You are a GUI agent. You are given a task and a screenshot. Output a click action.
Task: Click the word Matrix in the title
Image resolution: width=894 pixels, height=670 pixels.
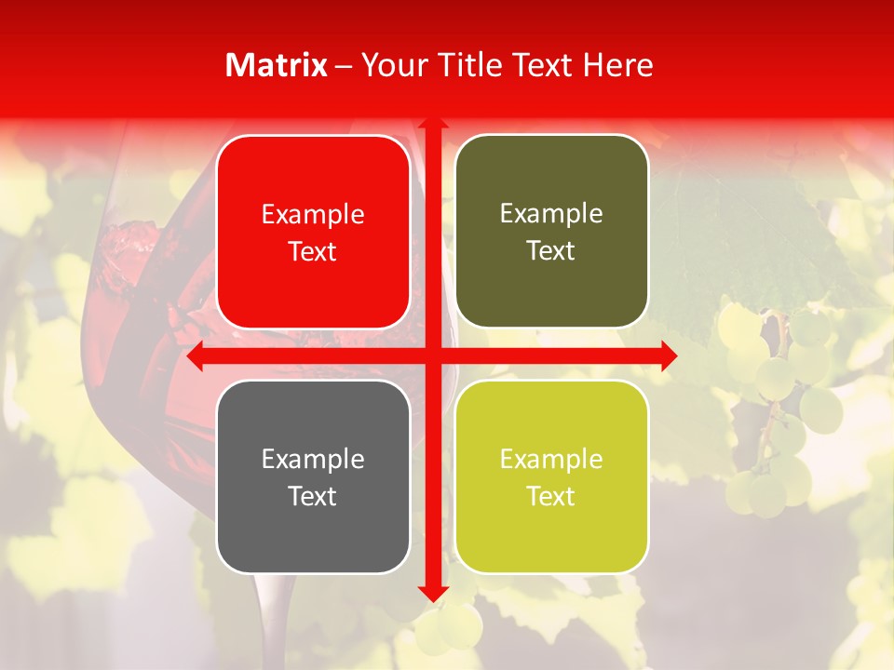coord(277,65)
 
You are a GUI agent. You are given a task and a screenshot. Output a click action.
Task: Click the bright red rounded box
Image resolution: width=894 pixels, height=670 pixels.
coord(313,233)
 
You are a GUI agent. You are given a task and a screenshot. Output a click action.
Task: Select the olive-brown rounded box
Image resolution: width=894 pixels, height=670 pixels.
coord(551,232)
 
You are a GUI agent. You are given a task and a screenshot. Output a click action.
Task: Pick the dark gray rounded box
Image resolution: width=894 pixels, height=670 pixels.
coord(313,476)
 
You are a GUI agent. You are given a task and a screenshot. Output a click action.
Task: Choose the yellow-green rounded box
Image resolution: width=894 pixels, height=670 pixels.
coord(551,476)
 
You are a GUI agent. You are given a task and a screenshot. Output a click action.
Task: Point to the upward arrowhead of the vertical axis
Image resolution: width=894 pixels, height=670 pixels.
coord(433,123)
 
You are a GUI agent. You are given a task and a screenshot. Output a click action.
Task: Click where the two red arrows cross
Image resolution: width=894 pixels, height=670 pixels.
coord(433,356)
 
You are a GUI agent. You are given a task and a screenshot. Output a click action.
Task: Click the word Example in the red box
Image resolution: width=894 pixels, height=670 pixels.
coord(313,215)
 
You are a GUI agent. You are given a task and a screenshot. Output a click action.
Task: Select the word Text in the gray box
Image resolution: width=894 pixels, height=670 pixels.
coord(312,496)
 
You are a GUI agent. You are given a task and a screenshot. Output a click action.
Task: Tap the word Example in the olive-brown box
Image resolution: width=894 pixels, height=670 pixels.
coord(551,214)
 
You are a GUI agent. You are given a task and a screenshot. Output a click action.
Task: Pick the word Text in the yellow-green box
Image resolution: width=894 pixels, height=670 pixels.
coord(550,496)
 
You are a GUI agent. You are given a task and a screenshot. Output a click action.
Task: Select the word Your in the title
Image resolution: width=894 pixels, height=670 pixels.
coord(388,65)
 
